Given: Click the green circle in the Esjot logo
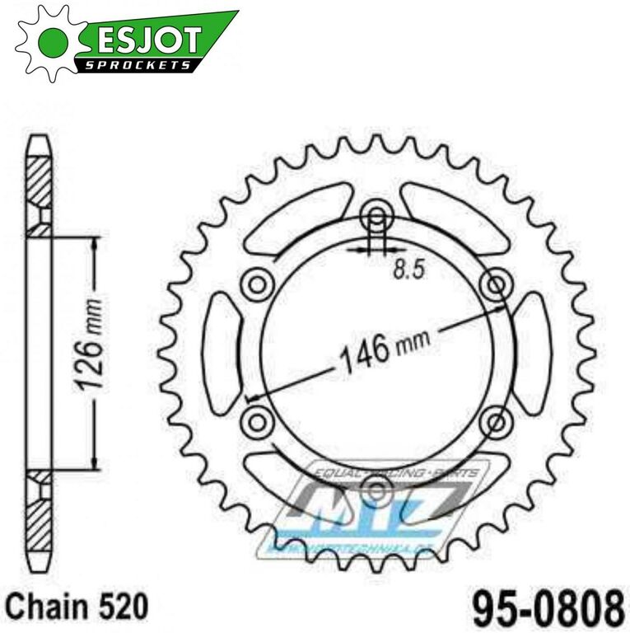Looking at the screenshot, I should coord(51,39).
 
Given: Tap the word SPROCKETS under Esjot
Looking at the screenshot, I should coord(140,64).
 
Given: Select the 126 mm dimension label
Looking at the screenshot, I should coord(93,351).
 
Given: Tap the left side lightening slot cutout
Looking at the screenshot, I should coord(221,354).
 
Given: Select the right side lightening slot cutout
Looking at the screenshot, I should coord(533,354).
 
